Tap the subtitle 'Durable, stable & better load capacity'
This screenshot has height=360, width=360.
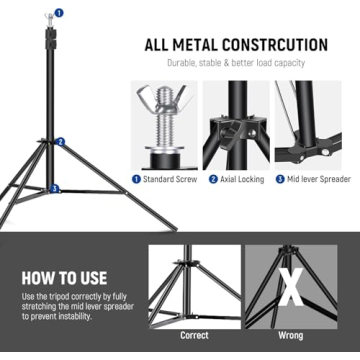[x=236, y=63]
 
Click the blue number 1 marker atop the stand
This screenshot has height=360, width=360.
[x=58, y=13]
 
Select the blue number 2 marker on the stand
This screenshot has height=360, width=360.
[x=61, y=142]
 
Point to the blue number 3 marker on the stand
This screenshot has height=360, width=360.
[x=56, y=187]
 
